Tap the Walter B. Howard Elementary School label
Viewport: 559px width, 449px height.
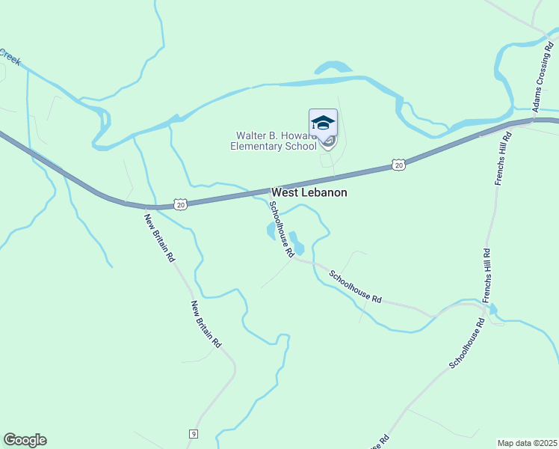[273, 141]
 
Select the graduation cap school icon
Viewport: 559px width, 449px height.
[323, 123]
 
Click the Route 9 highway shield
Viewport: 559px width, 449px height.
[193, 434]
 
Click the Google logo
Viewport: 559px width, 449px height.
[25, 440]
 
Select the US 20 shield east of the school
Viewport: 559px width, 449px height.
[398, 165]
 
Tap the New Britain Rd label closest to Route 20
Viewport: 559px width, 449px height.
[159, 238]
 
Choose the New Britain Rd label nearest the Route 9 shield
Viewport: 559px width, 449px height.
[206, 324]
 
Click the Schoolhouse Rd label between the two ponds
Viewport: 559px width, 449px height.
[281, 229]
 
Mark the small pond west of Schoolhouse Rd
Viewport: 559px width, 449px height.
[271, 231]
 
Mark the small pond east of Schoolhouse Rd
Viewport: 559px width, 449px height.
[297, 244]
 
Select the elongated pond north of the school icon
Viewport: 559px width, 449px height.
[333, 68]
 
